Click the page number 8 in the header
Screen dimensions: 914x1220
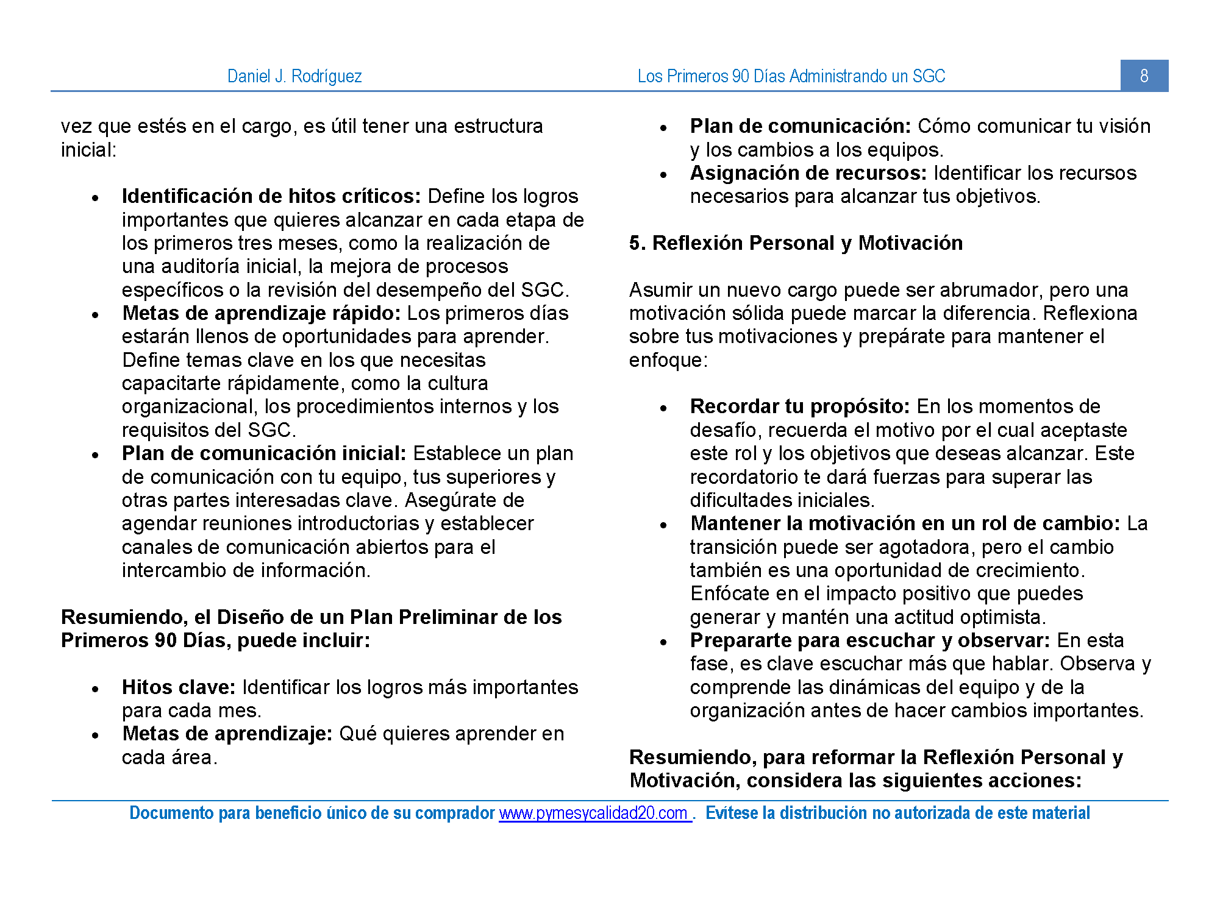click(1144, 76)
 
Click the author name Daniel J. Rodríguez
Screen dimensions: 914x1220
click(294, 76)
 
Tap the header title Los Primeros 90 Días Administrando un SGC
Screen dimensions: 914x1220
click(791, 76)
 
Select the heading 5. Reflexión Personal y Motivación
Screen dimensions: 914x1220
click(796, 243)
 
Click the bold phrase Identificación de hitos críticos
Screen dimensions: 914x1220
click(271, 196)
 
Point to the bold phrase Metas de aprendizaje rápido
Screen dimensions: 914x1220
click(261, 313)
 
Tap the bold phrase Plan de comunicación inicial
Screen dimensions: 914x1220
click(263, 453)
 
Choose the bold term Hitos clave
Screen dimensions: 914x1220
click(178, 687)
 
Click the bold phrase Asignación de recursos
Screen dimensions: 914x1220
click(808, 173)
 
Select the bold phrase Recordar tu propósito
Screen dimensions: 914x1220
click(799, 406)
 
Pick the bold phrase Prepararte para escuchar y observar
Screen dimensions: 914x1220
click(869, 640)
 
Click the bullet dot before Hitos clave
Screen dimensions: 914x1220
click(96, 689)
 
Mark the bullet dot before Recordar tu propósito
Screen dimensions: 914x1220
click(664, 408)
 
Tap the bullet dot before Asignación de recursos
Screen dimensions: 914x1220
click(664, 175)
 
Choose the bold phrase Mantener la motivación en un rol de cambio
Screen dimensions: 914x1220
click(905, 523)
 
